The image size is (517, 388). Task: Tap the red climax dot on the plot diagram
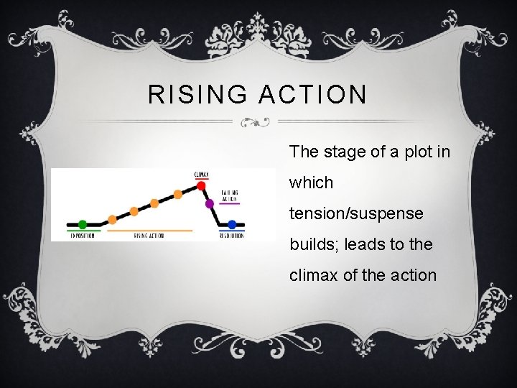[x=201, y=185]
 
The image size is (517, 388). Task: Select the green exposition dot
[x=83, y=224]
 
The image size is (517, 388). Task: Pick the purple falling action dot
[x=210, y=204]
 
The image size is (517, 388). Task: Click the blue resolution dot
[x=231, y=224]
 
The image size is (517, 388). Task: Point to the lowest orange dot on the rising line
[x=112, y=219]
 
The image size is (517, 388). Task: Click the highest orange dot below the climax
[x=178, y=194]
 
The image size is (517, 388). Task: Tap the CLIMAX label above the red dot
[x=202, y=173]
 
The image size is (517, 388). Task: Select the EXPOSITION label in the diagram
[x=82, y=236]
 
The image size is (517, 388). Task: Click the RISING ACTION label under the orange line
[x=149, y=236]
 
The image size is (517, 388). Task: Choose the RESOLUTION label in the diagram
[x=231, y=236]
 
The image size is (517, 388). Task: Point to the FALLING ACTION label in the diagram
[x=230, y=196]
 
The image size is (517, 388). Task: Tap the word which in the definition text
[x=311, y=183]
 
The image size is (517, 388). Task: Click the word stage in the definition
[x=341, y=152]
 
